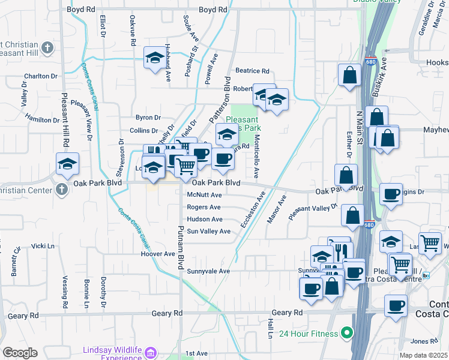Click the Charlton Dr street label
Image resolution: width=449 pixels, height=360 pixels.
[41, 76]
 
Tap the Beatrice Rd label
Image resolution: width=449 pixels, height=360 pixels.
[252, 70]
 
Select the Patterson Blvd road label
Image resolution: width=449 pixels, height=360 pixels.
[220, 100]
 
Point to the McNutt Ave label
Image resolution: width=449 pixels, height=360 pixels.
[205, 195]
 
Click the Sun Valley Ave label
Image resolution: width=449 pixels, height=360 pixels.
[208, 231]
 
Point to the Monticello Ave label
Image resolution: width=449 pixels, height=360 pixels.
[256, 155]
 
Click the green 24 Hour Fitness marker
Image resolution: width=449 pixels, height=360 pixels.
[346, 332]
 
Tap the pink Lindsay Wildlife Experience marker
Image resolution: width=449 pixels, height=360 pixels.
[150, 350]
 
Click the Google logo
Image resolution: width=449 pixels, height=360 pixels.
[20, 353]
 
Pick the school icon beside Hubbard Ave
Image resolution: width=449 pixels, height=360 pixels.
[154, 58]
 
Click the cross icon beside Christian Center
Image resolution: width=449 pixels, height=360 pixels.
[61, 190]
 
